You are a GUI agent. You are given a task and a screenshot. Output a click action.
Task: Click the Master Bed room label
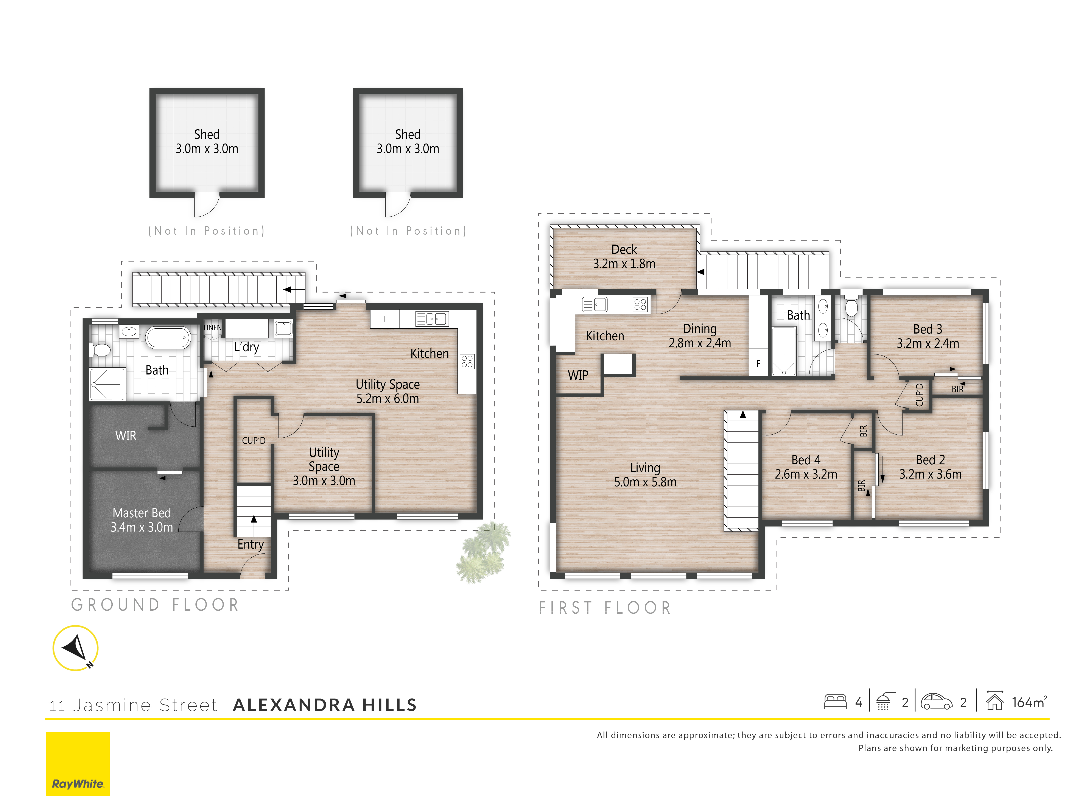pos(142,520)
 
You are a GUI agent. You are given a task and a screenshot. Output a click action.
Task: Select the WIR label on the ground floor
pos(126,435)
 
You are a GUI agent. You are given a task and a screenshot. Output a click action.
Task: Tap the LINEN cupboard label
pos(212,327)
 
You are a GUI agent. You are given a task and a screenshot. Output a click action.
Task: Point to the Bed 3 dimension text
pos(928,343)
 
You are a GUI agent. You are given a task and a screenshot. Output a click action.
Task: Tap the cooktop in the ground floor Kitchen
pos(467,361)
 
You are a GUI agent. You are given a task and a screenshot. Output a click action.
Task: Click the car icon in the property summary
pos(936,702)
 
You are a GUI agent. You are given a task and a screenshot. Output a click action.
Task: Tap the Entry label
pos(250,544)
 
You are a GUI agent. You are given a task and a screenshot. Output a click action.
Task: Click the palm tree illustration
pos(483,553)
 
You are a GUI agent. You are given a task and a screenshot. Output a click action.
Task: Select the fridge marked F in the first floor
pos(758,363)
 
